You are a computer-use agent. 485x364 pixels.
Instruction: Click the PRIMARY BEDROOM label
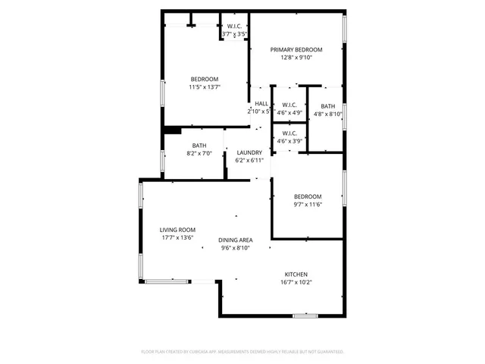pos(296,49)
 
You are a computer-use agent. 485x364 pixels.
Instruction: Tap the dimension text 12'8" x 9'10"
pos(296,58)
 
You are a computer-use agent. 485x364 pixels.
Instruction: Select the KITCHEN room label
pos(296,275)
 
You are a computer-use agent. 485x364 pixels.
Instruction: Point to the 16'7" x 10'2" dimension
pos(296,283)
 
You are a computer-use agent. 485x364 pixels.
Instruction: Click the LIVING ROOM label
pos(177,230)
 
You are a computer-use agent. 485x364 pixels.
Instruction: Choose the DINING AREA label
pos(236,240)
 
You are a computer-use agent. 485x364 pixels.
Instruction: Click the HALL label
pos(261,104)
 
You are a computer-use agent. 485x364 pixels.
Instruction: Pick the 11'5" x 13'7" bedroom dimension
pos(205,87)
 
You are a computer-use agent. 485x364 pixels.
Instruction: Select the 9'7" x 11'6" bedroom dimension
pos(308,204)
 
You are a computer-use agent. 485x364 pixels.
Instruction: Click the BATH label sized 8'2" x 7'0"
pos(199,146)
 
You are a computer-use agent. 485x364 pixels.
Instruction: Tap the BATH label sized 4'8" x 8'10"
pos(328,106)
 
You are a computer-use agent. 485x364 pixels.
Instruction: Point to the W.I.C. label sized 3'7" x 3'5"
pos(234,27)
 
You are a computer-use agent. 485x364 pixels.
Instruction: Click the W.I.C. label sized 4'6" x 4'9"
pos(289,105)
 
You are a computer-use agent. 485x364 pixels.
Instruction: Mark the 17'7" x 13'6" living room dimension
pos(177,238)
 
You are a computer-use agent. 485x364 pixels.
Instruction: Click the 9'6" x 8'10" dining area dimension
pos(236,248)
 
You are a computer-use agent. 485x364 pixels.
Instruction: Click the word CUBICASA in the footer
pos(200,352)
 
